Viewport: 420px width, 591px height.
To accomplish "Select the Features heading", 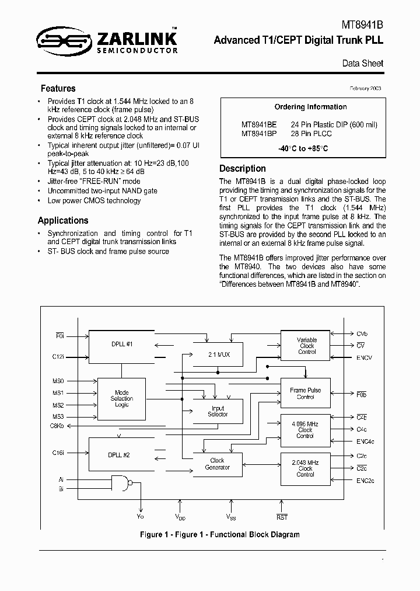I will [58, 89].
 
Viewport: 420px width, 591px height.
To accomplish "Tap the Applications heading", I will [63, 220].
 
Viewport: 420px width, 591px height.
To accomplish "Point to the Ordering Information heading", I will [310, 107].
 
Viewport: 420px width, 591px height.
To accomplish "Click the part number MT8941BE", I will [259, 124].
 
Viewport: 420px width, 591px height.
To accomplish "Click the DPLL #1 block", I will [121, 345].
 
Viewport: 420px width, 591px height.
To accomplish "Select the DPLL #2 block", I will [121, 454].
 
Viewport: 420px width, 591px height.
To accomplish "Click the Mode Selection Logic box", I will [122, 399].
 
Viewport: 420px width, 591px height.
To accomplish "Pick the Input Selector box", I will [217, 411].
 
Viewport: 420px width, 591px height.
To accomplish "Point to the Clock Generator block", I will [217, 464].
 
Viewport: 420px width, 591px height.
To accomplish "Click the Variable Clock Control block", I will [306, 346].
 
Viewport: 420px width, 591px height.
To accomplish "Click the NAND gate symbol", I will [121, 483].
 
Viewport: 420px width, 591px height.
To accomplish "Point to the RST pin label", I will [282, 517].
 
